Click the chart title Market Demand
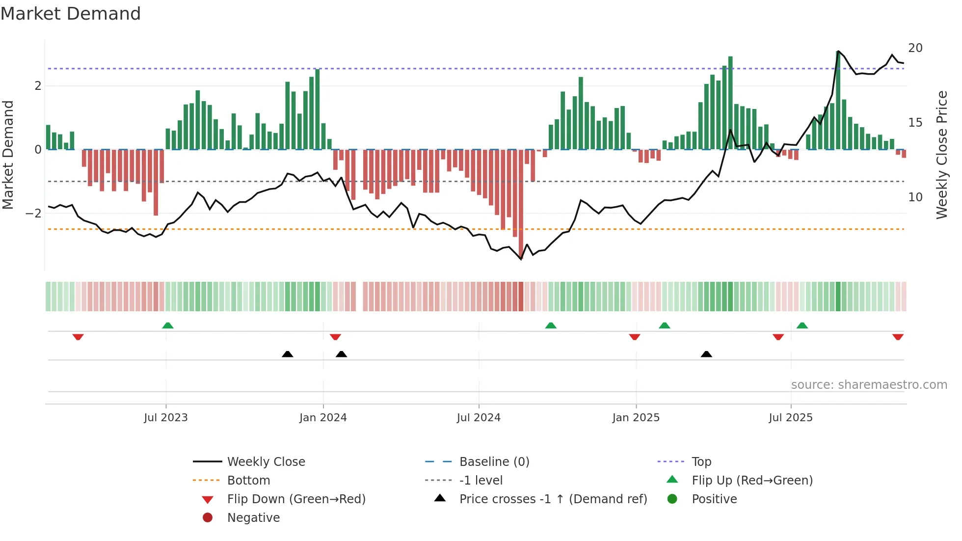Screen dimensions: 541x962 pos(71,14)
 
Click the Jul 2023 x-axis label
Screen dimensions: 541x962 pos(165,418)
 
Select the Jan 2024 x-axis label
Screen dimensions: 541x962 pos(323,418)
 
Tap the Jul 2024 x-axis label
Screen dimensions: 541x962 pos(479,418)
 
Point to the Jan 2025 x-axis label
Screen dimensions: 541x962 pos(636,418)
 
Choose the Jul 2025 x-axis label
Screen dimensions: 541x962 pos(791,418)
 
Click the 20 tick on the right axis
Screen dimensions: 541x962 pos(915,48)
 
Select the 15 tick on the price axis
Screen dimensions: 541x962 pos(915,123)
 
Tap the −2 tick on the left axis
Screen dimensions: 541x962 pos(33,214)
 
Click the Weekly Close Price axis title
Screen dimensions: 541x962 pos(942,155)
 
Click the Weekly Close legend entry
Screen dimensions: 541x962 pos(266,462)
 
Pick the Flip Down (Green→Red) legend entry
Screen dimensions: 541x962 pos(296,499)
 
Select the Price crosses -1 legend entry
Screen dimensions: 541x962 pos(553,499)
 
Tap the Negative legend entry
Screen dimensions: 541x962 pos(253,518)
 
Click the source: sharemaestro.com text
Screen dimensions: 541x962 pos(869,385)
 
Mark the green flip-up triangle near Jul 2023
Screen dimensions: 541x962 pos(168,325)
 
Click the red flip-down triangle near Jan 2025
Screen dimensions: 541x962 pos(635,337)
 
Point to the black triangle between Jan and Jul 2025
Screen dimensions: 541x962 pos(706,354)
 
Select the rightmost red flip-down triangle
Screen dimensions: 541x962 pos(898,337)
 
